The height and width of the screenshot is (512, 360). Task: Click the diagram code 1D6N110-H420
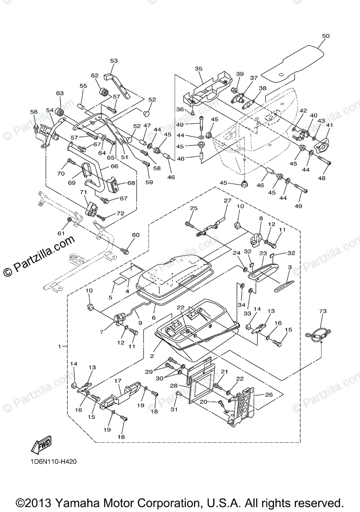(53, 461)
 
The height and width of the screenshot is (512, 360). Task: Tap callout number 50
(325, 37)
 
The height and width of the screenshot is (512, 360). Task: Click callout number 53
(114, 61)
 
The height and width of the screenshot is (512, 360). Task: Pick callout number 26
(269, 394)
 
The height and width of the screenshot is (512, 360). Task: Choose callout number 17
(118, 380)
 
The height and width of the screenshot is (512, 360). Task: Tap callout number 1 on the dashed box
(60, 346)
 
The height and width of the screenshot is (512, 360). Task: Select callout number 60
(135, 235)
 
